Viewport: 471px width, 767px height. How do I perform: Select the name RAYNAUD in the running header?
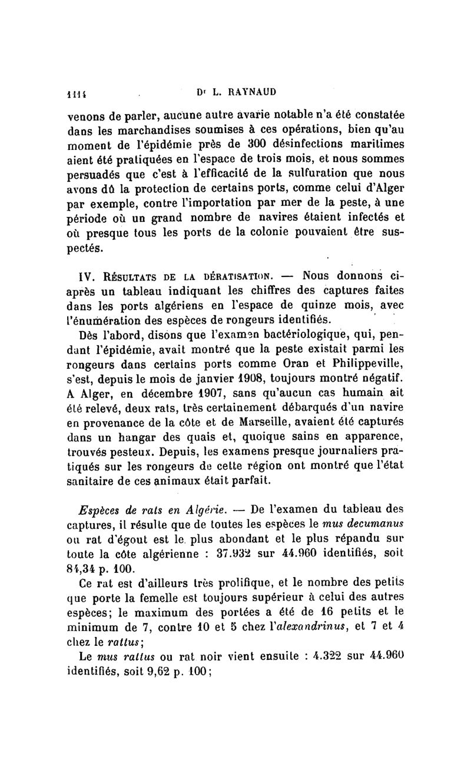[x=247, y=92]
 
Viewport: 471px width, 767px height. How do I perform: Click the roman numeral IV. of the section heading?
[x=79, y=275]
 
